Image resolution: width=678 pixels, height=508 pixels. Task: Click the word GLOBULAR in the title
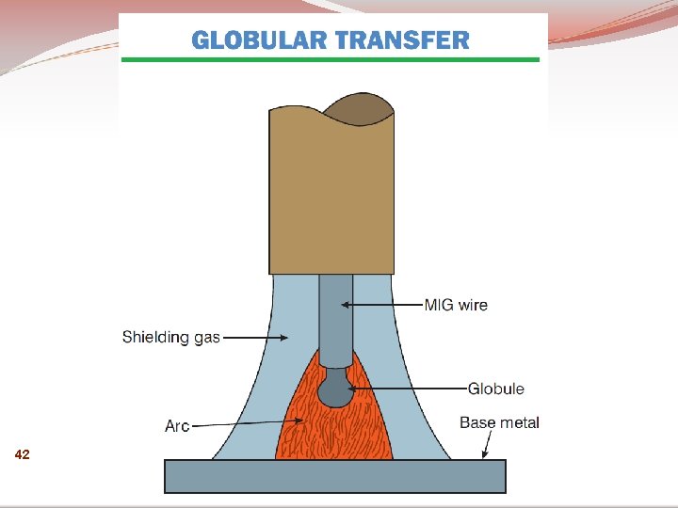(256, 40)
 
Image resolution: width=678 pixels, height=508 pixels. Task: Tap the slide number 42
(23, 455)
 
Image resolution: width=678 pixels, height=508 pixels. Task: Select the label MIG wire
(456, 305)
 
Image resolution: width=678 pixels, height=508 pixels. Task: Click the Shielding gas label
(170, 337)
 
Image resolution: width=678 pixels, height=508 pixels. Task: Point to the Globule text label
(496, 389)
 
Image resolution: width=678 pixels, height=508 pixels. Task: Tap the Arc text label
(177, 426)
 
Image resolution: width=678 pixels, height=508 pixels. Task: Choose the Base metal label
(499, 422)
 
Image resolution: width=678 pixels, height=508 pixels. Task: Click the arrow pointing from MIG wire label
(380, 305)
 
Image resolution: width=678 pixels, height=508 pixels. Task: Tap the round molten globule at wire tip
(335, 389)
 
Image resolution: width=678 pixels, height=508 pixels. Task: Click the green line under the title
(331, 60)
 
